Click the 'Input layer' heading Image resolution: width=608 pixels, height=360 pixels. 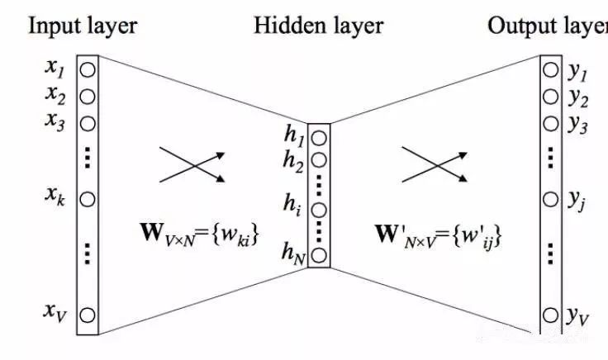click(83, 26)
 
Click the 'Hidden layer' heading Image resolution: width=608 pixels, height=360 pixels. click(318, 26)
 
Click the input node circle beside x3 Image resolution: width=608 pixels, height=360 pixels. click(87, 124)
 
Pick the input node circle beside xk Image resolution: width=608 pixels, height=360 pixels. click(87, 199)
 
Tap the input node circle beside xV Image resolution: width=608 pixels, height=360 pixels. click(87, 315)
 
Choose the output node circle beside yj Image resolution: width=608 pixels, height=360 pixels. click(550, 199)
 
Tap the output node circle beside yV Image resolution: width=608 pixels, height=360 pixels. click(550, 315)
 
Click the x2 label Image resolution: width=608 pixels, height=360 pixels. click(56, 97)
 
